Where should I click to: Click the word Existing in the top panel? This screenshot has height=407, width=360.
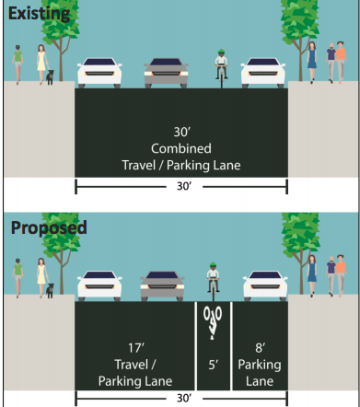pyautogui.click(x=39, y=14)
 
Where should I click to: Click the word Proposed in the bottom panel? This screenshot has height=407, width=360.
pyautogui.click(x=49, y=227)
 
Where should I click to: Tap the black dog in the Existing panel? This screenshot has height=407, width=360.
pyautogui.click(x=50, y=77)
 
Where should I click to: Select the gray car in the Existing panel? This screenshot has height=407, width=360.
pyautogui.click(x=166, y=73)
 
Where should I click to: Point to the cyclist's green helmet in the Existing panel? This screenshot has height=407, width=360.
pyautogui.click(x=221, y=52)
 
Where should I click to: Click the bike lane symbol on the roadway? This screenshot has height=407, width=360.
pyautogui.click(x=213, y=322)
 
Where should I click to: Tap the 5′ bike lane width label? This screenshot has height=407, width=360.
pyautogui.click(x=214, y=365)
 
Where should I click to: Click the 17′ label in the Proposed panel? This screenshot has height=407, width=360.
pyautogui.click(x=136, y=348)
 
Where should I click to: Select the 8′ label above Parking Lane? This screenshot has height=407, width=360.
pyautogui.click(x=260, y=348)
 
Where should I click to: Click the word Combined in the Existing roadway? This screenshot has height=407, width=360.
pyautogui.click(x=181, y=148)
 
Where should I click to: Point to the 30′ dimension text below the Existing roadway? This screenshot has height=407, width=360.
pyautogui.click(x=184, y=186)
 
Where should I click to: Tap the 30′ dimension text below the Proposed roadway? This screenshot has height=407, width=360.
pyautogui.click(x=184, y=398)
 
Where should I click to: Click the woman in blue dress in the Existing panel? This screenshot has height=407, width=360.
pyautogui.click(x=312, y=63)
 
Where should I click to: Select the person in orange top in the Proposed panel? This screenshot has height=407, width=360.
pyautogui.click(x=341, y=276)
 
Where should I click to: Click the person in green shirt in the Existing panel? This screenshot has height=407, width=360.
pyautogui.click(x=17, y=64)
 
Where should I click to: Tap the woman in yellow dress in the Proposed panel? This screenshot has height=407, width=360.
pyautogui.click(x=41, y=278)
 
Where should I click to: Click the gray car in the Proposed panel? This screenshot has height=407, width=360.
pyautogui.click(x=162, y=286)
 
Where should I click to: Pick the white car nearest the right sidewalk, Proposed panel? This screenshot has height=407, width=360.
pyautogui.click(x=265, y=286)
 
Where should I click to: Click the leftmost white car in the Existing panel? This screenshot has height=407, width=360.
pyautogui.click(x=99, y=73)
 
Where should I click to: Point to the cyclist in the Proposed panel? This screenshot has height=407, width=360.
pyautogui.click(x=213, y=282)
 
